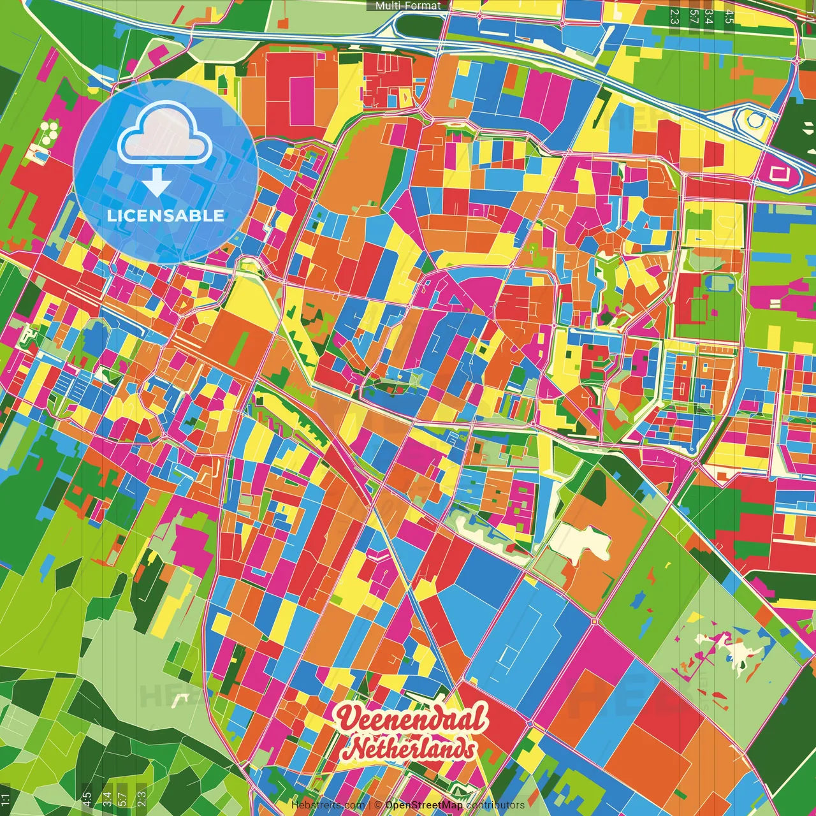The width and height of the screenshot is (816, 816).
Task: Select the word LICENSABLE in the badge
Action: tap(165, 215)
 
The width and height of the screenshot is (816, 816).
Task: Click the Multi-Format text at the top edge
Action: tap(408, 6)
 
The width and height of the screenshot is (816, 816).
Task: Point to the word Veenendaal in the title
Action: tap(412, 720)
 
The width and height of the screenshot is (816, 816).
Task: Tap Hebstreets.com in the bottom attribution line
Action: tap(328, 805)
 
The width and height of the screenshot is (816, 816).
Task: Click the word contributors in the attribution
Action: tap(495, 805)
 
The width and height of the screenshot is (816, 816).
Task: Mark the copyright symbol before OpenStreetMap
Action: tap(378, 805)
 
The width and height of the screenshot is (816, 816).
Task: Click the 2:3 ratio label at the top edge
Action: tap(674, 16)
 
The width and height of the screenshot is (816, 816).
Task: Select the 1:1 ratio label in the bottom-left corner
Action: tap(6, 799)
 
